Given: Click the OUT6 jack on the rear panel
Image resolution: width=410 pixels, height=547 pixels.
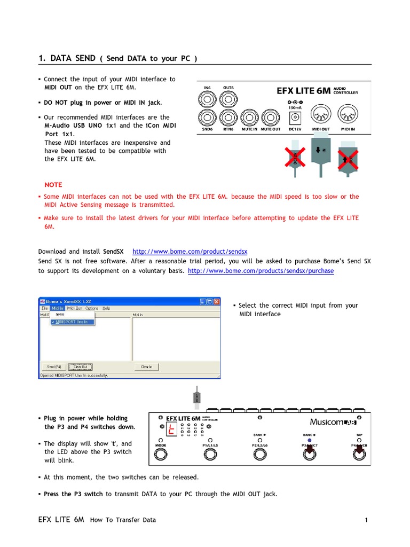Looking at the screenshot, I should tap(228, 98).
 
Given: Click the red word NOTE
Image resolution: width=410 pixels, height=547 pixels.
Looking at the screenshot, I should tap(53, 185).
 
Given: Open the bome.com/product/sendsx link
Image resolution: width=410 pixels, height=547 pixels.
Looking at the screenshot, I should tap(190, 251).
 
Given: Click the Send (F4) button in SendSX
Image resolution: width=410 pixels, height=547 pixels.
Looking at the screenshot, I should tap(54, 367).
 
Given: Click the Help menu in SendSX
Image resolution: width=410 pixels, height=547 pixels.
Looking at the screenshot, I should tap(106, 308).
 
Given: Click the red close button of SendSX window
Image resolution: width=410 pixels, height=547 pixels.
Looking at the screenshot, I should tap(216, 301).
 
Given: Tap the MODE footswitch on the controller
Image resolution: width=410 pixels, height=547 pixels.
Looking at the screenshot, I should tap(160, 455).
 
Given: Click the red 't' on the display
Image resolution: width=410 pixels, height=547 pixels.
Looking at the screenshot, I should tap(171, 428).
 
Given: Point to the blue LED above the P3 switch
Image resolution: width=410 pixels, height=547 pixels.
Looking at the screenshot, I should tap(310, 441).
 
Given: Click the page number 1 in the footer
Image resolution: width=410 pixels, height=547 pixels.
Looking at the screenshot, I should tap(367, 520).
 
